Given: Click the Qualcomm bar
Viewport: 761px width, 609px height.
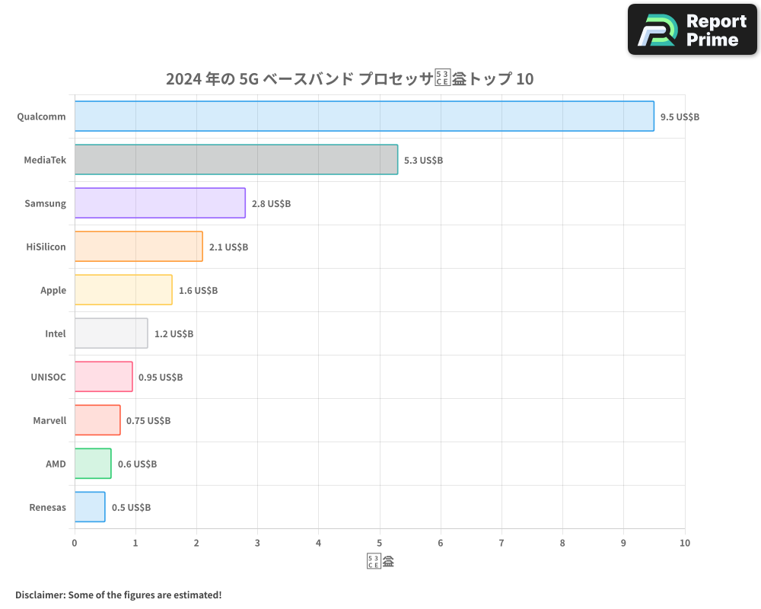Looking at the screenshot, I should (x=364, y=116).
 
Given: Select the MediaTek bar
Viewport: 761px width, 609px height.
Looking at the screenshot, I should (x=236, y=160).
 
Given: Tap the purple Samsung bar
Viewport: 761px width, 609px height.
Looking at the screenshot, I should (x=160, y=203).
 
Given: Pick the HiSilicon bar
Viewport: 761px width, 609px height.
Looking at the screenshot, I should (x=139, y=247).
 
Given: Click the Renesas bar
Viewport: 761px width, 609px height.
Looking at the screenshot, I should (x=90, y=507).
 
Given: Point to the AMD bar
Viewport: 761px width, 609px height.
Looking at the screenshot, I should (x=93, y=464).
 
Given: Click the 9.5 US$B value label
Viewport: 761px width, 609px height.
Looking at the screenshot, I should (x=680, y=117).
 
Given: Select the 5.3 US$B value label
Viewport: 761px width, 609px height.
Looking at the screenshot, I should (x=423, y=161).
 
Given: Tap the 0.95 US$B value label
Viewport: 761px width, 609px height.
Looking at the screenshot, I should (x=161, y=377).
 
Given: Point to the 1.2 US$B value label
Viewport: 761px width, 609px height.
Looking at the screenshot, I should (x=174, y=333).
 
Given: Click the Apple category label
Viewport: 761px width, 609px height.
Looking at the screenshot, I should (x=53, y=290).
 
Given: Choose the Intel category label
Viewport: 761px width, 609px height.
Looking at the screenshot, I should (x=56, y=333).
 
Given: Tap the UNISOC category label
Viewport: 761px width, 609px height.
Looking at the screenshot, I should (x=48, y=377).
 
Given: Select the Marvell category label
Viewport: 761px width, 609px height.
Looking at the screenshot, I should (x=49, y=420).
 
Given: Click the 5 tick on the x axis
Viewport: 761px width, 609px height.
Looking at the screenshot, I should (x=380, y=543).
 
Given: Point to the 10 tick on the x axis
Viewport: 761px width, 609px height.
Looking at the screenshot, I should (x=685, y=543).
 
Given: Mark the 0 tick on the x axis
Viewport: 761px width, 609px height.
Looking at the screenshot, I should (x=75, y=543).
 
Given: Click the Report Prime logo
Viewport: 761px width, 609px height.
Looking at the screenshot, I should (x=693, y=30).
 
